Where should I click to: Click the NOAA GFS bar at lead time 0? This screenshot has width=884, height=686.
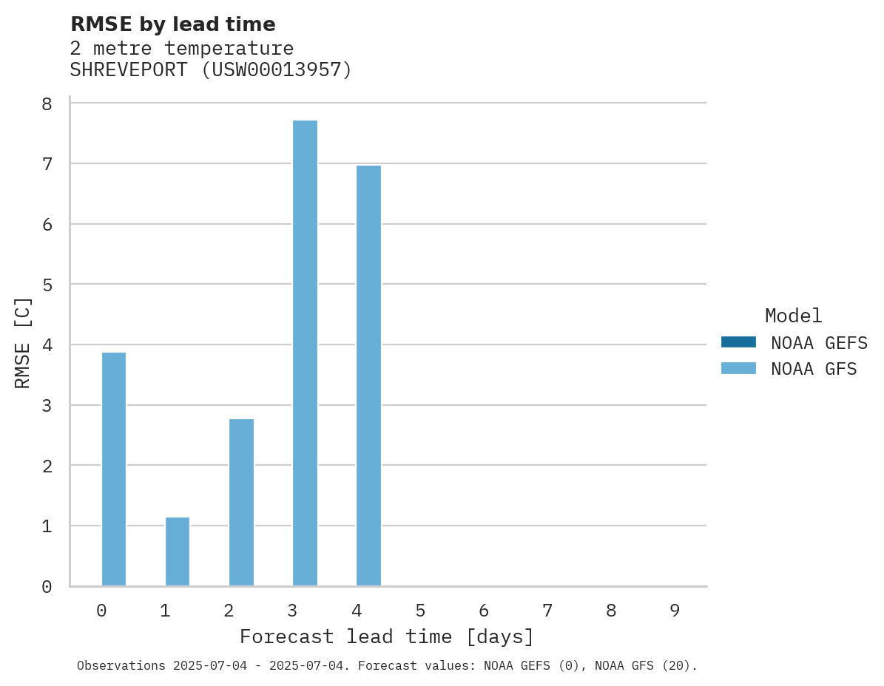(113, 469)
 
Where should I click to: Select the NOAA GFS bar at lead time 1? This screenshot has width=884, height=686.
(177, 551)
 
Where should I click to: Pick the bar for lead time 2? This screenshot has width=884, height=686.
(241, 503)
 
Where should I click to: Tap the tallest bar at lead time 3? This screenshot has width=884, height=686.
(305, 353)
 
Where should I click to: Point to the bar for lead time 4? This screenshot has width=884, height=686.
(368, 376)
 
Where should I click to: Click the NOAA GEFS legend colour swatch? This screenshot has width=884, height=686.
(738, 342)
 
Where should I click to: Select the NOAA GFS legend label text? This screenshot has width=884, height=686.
(813, 369)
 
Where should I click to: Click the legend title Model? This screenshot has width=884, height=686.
(793, 316)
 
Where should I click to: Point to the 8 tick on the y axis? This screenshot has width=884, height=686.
(47, 103)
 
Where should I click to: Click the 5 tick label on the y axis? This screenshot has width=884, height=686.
(47, 285)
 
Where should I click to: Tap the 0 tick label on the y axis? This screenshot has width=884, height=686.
(47, 587)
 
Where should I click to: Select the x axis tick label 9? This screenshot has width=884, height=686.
(675, 611)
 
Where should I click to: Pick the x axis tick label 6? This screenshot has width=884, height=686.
(484, 611)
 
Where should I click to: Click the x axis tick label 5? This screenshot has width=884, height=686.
(420, 611)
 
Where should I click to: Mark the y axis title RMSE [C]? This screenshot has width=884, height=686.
(23, 342)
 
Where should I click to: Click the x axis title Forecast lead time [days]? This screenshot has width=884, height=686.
(386, 636)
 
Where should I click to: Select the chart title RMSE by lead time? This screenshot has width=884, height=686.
(172, 24)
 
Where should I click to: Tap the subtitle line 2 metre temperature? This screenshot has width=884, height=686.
(181, 48)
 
